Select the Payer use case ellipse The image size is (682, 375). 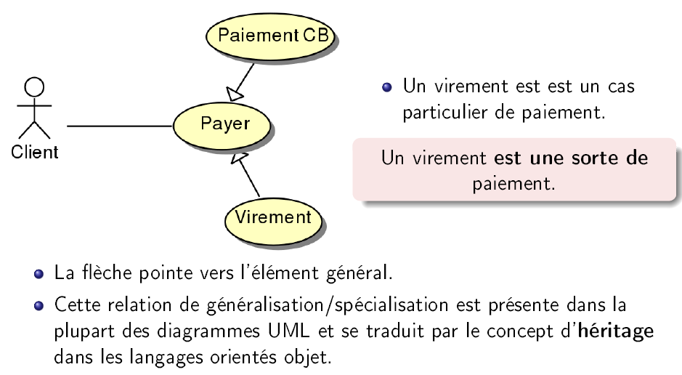pos(224,124)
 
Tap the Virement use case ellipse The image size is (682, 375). pos(272,217)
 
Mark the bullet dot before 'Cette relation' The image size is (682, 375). pos(38,305)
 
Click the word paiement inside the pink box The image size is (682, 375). pos(514,183)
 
